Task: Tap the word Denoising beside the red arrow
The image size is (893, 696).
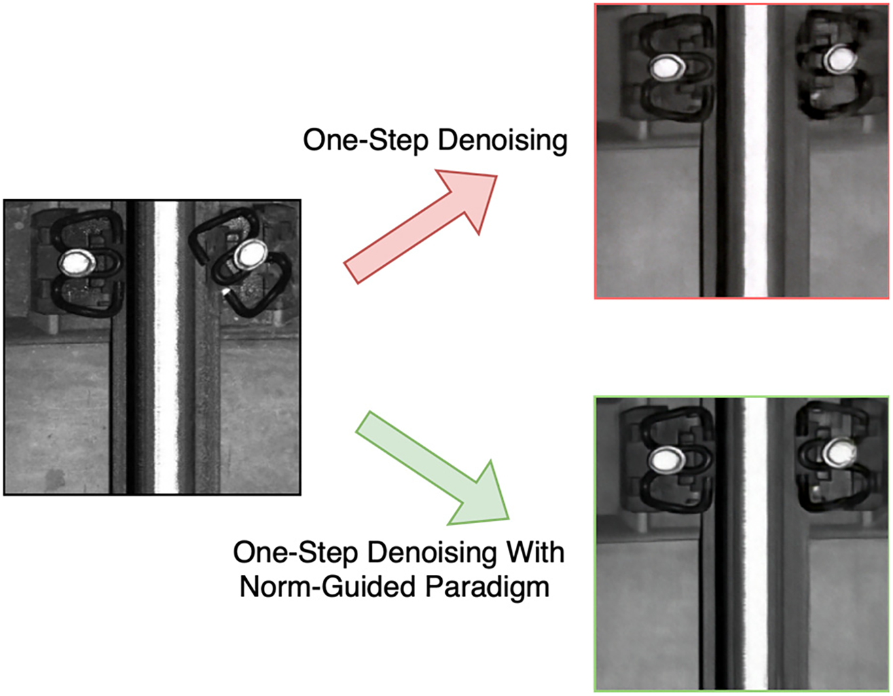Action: [503, 141]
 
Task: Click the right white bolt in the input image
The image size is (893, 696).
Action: [250, 253]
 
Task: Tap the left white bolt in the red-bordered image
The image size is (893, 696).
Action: [667, 67]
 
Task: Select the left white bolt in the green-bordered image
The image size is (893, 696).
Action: [666, 460]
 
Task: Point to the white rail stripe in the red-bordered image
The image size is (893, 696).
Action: [756, 151]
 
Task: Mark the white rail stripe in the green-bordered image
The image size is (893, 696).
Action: [756, 544]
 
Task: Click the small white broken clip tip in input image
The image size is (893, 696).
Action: [225, 291]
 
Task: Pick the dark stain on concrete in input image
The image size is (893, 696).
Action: [55, 478]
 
